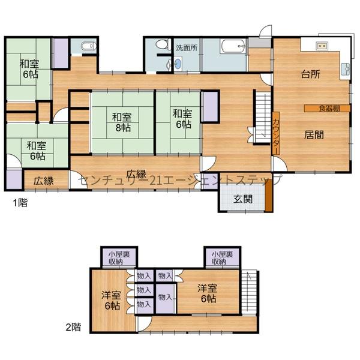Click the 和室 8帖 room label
[122, 122]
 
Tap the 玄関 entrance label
[243, 199]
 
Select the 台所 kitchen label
[311, 74]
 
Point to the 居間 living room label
[314, 135]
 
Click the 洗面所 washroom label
[187, 48]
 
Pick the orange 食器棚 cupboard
[327, 109]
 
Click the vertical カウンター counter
[276, 133]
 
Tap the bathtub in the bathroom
[233, 46]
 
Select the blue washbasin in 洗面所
[178, 64]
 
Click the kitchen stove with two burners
[322, 46]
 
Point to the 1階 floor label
[20, 203]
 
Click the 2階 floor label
[73, 327]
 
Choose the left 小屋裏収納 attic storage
[119, 258]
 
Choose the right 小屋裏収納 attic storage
[223, 258]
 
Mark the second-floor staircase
[250, 292]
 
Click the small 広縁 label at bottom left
[43, 181]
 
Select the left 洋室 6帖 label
[112, 301]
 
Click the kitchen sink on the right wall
[345, 69]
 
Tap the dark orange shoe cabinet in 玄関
[269, 196]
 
